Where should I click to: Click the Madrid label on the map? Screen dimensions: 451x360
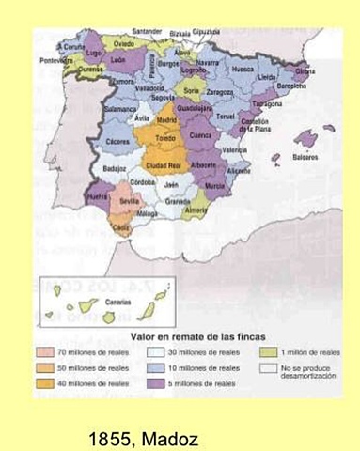click(x=168, y=120)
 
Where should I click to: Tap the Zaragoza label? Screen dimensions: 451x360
click(x=220, y=93)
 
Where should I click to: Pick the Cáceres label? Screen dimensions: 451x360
click(x=117, y=141)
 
